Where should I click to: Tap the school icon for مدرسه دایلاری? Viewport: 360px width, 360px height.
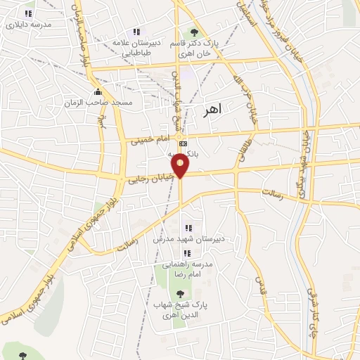tap(28, 13)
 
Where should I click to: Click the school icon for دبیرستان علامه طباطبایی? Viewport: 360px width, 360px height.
tap(137, 32)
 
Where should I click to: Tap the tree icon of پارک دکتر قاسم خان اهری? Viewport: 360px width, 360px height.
tap(194, 32)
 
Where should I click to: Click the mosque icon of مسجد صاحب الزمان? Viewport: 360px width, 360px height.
tap(98, 92)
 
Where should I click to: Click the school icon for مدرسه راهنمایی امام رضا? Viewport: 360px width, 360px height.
tap(187, 253)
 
